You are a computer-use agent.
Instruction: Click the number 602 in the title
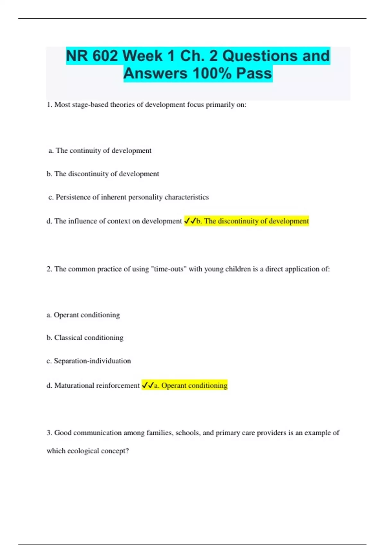(105, 56)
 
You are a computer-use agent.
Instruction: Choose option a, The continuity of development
(100, 150)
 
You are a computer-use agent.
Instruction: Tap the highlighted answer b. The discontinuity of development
(252, 221)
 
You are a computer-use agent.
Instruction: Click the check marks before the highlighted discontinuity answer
(190, 221)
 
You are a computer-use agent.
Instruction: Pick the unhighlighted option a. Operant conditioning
(83, 315)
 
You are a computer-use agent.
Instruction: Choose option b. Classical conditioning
(85, 338)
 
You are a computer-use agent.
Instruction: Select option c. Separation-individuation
(89, 361)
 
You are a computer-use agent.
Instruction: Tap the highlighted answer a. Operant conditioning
(191, 385)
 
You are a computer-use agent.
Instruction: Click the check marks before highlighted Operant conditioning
(148, 385)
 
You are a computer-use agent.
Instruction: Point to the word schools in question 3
(188, 433)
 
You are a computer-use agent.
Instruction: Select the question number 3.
(49, 433)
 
